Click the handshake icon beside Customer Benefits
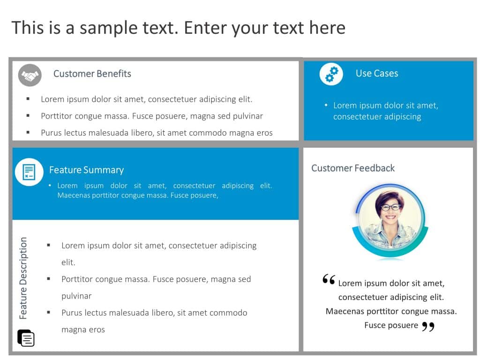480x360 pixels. [30, 75]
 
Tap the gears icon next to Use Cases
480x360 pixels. [331, 74]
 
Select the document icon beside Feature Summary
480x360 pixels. [29, 172]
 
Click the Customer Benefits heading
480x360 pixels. [92, 74]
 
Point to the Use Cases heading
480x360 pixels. [376, 74]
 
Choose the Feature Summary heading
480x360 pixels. [86, 170]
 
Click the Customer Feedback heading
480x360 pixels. [353, 168]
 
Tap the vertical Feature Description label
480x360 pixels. [23, 278]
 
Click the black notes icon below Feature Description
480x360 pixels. [26, 338]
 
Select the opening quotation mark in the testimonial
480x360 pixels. [329, 280]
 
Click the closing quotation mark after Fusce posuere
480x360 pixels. [428, 326]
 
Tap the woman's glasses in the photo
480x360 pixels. [390, 207]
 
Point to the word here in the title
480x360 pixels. [327, 28]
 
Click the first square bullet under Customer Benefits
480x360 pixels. [28, 99]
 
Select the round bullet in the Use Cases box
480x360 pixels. [326, 105]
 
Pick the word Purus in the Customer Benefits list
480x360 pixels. [52, 133]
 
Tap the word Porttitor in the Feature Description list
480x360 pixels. [80, 279]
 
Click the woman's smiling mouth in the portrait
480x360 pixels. [390, 217]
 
